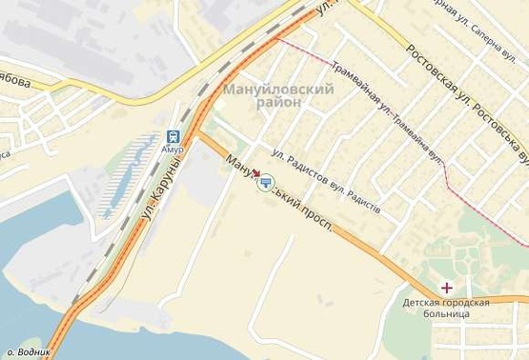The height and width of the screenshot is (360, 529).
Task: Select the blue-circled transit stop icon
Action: [x=265, y=181]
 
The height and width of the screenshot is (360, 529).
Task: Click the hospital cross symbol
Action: [x=446, y=287]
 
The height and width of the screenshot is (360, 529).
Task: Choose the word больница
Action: [x=446, y=315]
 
